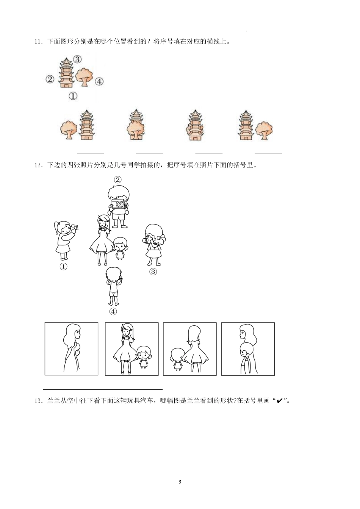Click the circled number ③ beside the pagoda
pyautogui.click(x=77, y=59)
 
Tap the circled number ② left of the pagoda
pyautogui.click(x=50, y=79)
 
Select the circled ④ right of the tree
pyautogui.click(x=99, y=81)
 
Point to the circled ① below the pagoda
pyautogui.click(x=73, y=96)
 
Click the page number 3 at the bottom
pyautogui.click(x=180, y=482)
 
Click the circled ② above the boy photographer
pyautogui.click(x=118, y=179)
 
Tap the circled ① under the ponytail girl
pyautogui.click(x=63, y=267)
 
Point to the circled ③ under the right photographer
pyautogui.click(x=153, y=271)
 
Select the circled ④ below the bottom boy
pyautogui.click(x=113, y=312)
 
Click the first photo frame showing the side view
pyautogui.click(x=71, y=349)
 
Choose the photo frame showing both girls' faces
pyautogui.click(x=131, y=349)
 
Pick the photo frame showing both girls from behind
pyautogui.click(x=190, y=349)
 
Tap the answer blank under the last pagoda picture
pyautogui.click(x=268, y=152)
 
